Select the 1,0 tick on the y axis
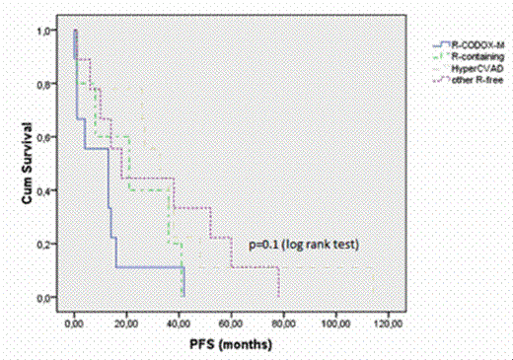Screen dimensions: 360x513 tap(46, 32)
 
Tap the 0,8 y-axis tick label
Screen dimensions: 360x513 tap(46, 85)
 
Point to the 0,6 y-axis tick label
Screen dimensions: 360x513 tap(46, 138)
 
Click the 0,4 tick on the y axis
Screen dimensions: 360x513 tap(46, 190)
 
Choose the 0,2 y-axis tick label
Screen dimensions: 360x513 tap(46, 244)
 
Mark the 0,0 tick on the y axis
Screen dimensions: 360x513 tap(46, 297)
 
